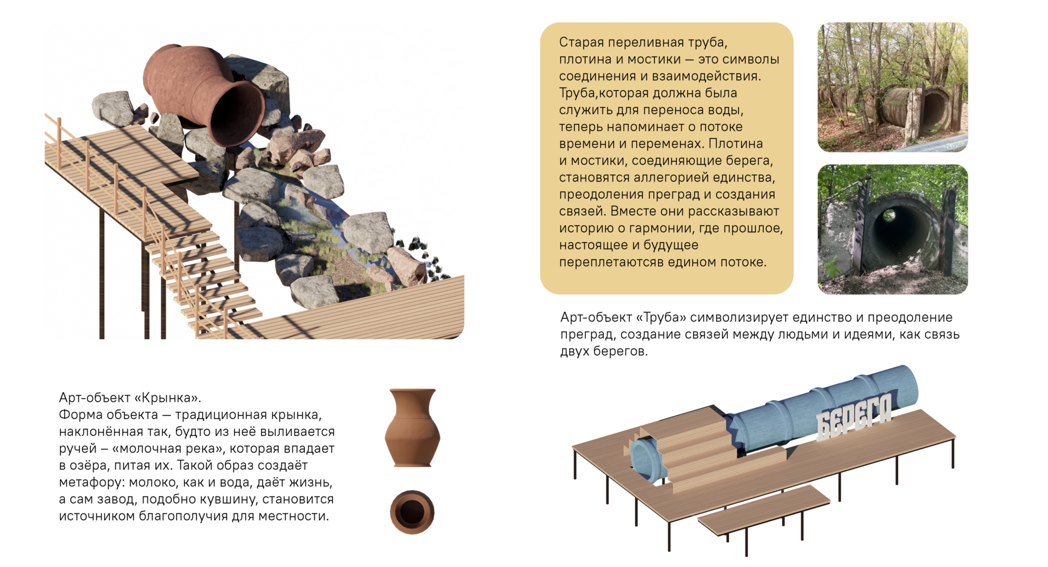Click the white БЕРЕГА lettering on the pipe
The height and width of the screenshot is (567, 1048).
coord(855,417)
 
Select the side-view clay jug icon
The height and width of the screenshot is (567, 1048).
coord(412,428)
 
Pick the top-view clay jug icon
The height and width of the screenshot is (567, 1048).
coord(412,511)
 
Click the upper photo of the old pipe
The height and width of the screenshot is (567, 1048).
coord(893,87)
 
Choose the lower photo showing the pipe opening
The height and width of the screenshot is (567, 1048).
coord(893,230)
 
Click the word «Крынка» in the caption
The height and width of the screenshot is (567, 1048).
coord(167,398)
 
